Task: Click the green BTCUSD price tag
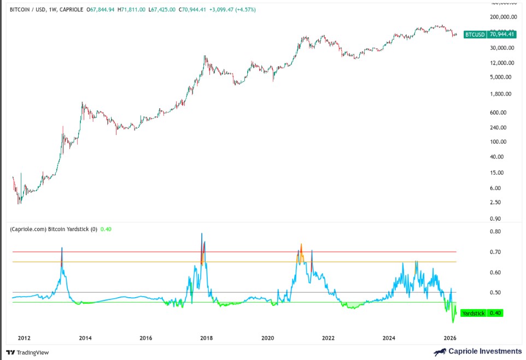[x=489, y=34]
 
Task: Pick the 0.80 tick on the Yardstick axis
[x=495, y=232]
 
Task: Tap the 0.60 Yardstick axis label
[x=495, y=273]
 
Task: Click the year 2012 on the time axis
[x=24, y=339]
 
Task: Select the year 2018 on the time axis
[x=207, y=339]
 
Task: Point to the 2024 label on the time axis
[x=389, y=339]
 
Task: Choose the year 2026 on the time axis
[x=449, y=339]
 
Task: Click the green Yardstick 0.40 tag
[x=481, y=313]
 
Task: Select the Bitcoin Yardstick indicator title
[x=54, y=229]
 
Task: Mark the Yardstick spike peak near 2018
[x=202, y=234]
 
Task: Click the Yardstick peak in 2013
[x=62, y=247]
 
